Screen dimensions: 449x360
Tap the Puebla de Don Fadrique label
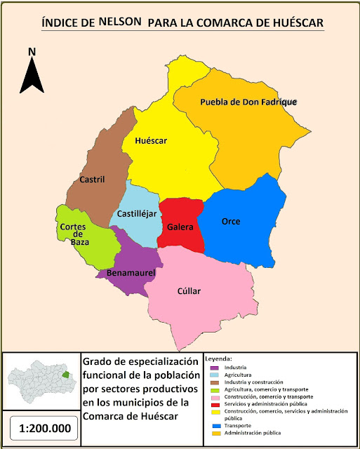(x=248, y=102)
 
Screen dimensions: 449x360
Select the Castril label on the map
(x=92, y=179)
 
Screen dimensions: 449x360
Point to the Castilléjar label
(x=136, y=213)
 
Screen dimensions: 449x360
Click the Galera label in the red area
(x=180, y=227)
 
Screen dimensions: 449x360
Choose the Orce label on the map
(x=231, y=221)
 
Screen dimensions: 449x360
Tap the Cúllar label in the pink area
(x=189, y=290)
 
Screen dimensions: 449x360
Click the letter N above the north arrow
(x=32, y=51)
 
